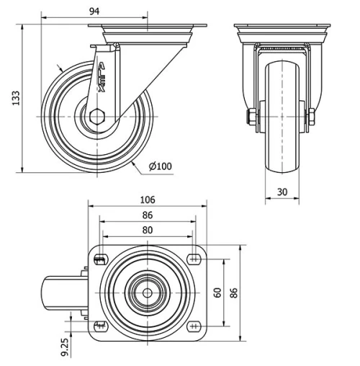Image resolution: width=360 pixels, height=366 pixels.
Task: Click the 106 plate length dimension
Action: point(147,200)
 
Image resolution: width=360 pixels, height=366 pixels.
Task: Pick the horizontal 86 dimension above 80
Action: point(147,215)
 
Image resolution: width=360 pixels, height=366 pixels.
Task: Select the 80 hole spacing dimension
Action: point(147,230)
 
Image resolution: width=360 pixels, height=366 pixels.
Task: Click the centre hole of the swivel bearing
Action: point(148,293)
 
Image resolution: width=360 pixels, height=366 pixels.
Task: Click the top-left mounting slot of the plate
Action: point(101,259)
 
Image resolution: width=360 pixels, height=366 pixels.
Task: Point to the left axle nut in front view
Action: point(252,116)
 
